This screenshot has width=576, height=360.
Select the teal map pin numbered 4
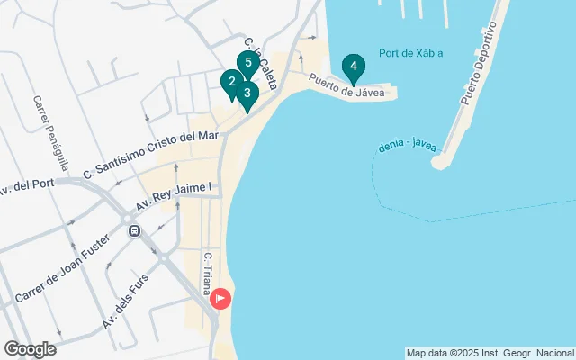point(354,67)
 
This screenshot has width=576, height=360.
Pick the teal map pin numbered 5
point(247,63)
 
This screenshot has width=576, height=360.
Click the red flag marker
point(220,299)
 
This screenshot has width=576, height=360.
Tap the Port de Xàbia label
point(410,54)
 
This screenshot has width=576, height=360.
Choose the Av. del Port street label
point(29,185)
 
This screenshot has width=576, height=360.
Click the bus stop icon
point(134,231)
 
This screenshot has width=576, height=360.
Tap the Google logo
point(29,349)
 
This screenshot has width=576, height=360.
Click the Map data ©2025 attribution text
point(490,353)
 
